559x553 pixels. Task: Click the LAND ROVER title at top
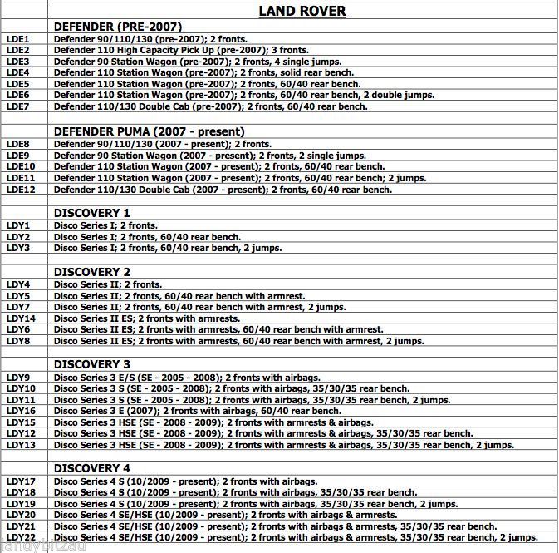tap(302, 11)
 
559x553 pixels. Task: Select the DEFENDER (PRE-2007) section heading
tap(118, 27)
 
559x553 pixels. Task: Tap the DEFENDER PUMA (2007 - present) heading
tap(149, 131)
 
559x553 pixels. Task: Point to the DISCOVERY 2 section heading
tap(92, 272)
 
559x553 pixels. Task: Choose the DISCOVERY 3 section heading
tap(92, 364)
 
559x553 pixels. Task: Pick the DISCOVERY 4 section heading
tap(92, 468)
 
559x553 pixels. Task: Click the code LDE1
tap(17, 39)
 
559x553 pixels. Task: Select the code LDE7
tap(17, 106)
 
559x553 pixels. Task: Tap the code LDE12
tap(20, 190)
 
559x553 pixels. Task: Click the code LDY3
tap(17, 248)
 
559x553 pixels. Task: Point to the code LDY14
tap(20, 318)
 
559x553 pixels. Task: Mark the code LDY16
tap(20, 411)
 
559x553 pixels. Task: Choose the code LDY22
tap(20, 538)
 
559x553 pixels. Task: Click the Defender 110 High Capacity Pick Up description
tap(181, 50)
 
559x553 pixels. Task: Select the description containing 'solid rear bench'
tap(205, 72)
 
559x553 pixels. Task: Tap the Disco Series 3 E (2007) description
tap(198, 411)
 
